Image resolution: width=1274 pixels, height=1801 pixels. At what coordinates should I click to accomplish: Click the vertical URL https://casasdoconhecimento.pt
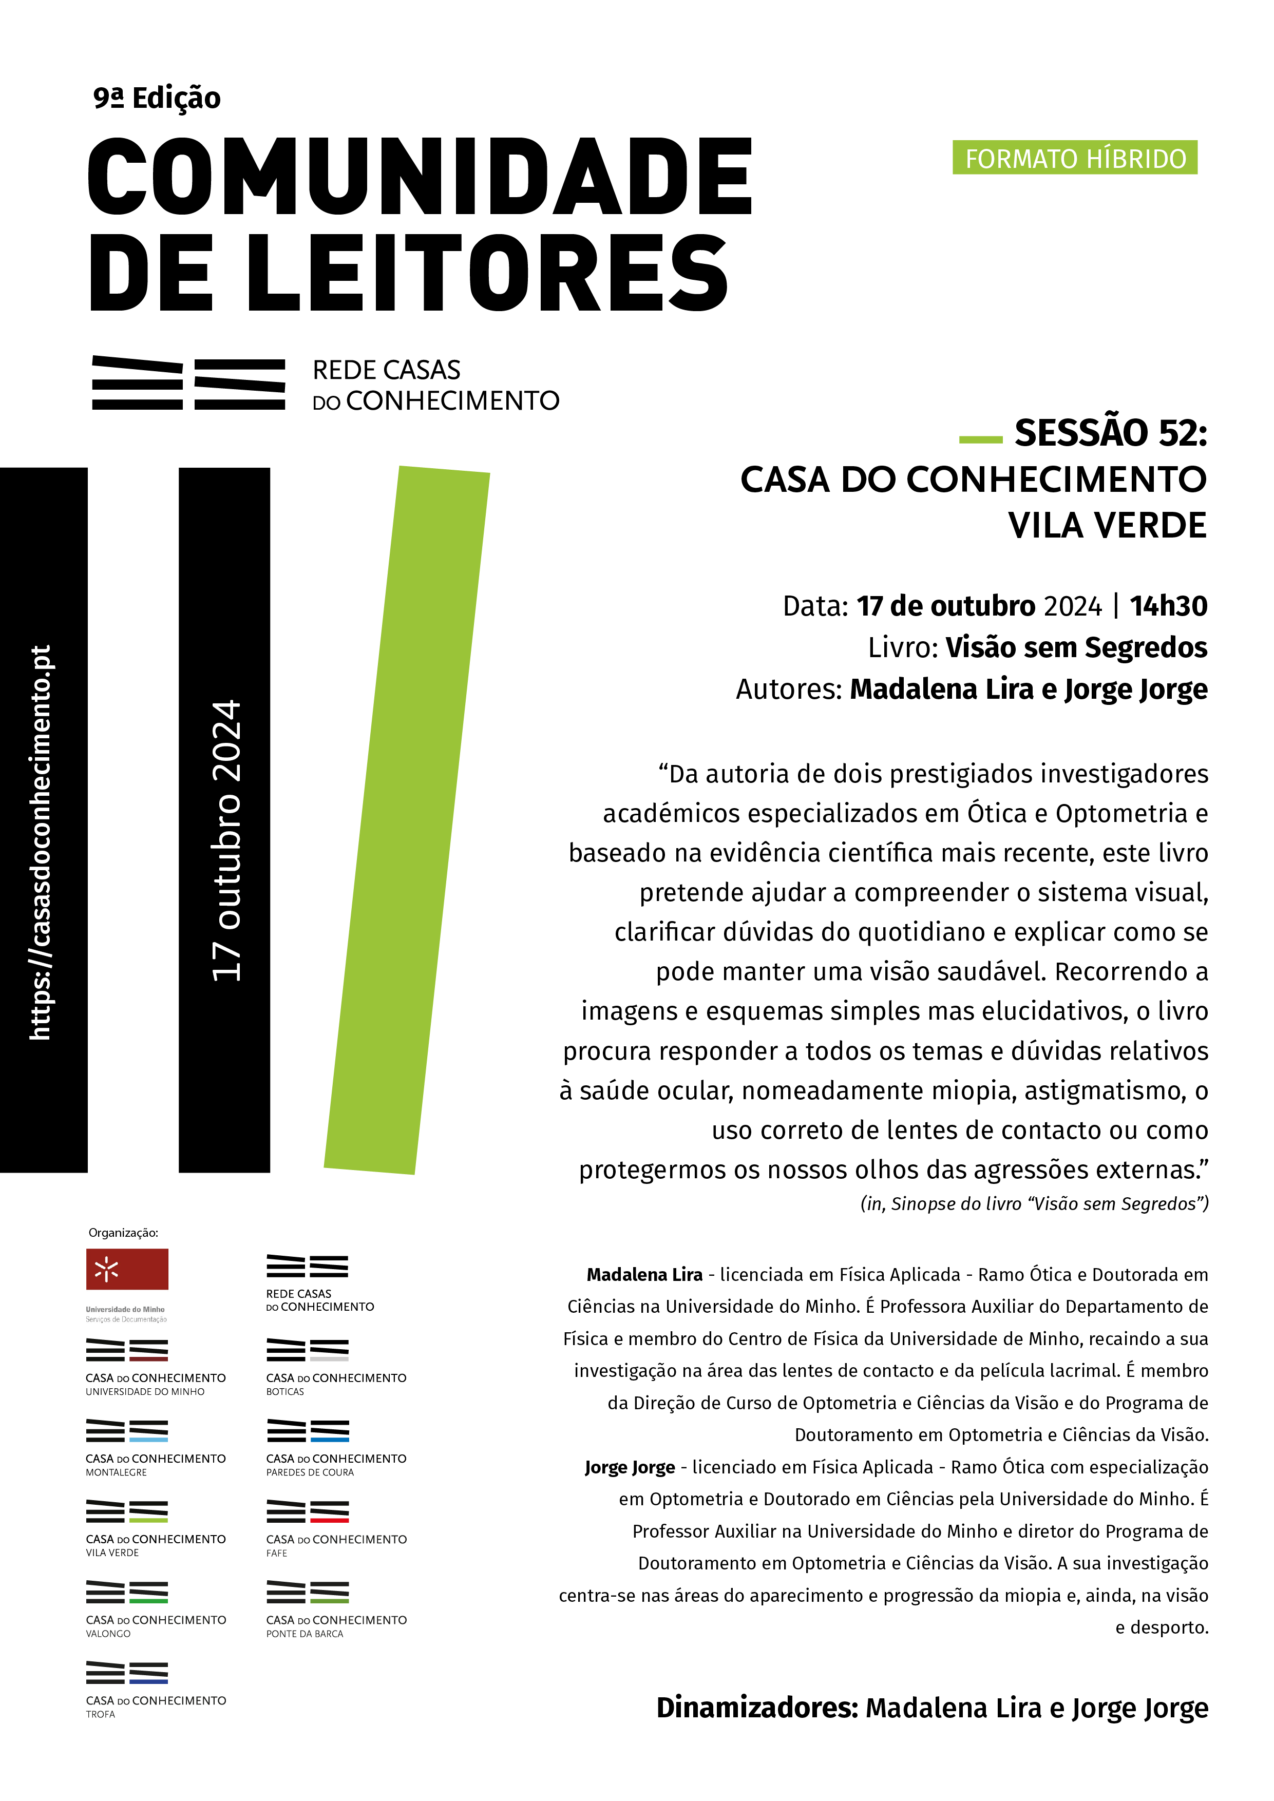click(41, 842)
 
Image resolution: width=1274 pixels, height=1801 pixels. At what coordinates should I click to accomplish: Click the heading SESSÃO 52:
click(1110, 433)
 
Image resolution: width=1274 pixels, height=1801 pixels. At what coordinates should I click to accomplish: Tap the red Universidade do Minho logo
click(127, 1269)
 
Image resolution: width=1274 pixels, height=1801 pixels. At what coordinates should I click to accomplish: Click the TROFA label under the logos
click(101, 1714)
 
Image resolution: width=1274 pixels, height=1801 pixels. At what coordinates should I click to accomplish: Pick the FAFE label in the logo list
click(276, 1553)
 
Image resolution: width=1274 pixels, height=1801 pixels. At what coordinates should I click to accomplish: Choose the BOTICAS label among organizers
click(285, 1391)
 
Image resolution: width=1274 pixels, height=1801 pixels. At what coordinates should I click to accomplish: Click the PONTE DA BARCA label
click(305, 1633)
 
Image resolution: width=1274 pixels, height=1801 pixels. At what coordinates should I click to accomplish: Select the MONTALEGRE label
click(116, 1472)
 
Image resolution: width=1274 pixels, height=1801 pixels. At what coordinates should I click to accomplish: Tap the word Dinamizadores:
click(757, 1707)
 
